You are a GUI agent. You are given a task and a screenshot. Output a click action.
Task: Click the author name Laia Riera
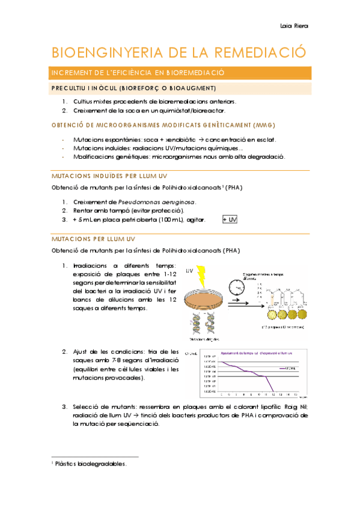pyautogui.click(x=294, y=26)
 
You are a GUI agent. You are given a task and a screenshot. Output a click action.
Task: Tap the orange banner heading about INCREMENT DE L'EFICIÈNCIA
pyautogui.click(x=138, y=73)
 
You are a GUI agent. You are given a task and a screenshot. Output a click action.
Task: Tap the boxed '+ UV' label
pyautogui.click(x=230, y=220)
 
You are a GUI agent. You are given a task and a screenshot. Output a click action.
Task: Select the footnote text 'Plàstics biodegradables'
pyautogui.click(x=92, y=463)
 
